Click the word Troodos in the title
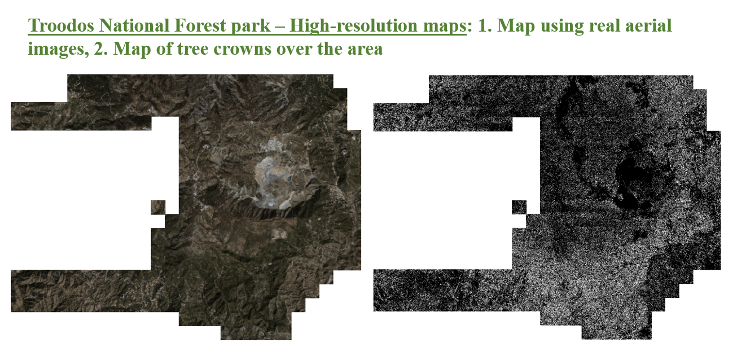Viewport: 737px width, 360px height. pos(61,25)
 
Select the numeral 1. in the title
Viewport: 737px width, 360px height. pos(484,25)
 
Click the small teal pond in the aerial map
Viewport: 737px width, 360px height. pos(289,179)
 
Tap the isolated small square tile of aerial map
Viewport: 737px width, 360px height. pos(158,207)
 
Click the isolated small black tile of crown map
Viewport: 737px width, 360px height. pos(519,207)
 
